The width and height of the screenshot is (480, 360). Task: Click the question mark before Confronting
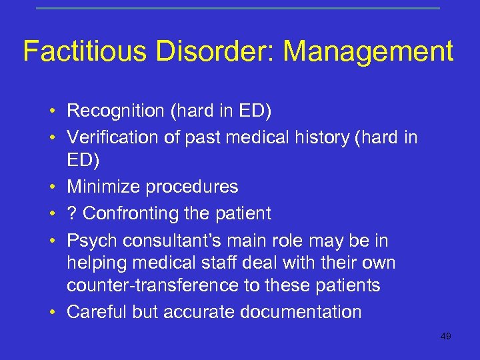pos(71,213)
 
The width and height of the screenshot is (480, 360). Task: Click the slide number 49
pos(445,337)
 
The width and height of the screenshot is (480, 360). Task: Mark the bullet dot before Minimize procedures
pos(51,187)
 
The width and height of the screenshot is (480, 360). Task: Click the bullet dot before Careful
pos(51,312)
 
